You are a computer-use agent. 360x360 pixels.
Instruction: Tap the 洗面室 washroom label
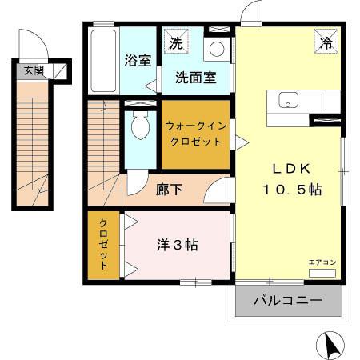click(x=196, y=78)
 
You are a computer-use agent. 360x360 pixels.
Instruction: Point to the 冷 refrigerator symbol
click(x=327, y=42)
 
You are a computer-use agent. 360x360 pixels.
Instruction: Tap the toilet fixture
click(x=140, y=125)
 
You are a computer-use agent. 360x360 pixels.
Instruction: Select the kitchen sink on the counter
click(x=288, y=101)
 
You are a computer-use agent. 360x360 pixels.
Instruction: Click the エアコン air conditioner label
click(x=322, y=262)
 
